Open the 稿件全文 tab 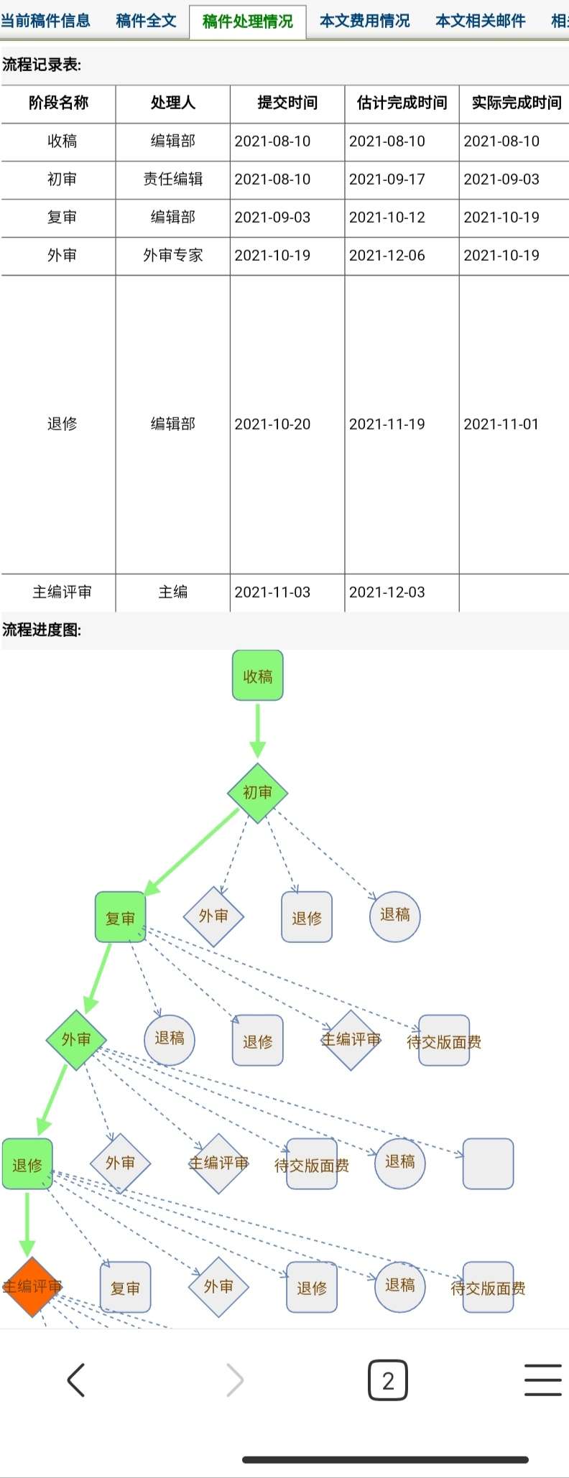(146, 21)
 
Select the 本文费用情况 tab (364, 21)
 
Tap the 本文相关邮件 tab (480, 21)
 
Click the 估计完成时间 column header (402, 103)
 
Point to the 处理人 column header (173, 103)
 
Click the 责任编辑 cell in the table (173, 179)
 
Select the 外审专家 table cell (173, 255)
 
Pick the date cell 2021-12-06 (387, 255)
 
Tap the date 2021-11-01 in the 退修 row (501, 424)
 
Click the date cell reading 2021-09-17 (387, 179)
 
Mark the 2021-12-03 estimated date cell (387, 592)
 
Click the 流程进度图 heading (42, 630)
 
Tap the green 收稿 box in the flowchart (257, 675)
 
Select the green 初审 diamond (257, 792)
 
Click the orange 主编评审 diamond (31, 1286)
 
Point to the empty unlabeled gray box (488, 1163)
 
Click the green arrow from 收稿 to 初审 (257, 729)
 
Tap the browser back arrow (76, 1380)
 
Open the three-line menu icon (542, 1380)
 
